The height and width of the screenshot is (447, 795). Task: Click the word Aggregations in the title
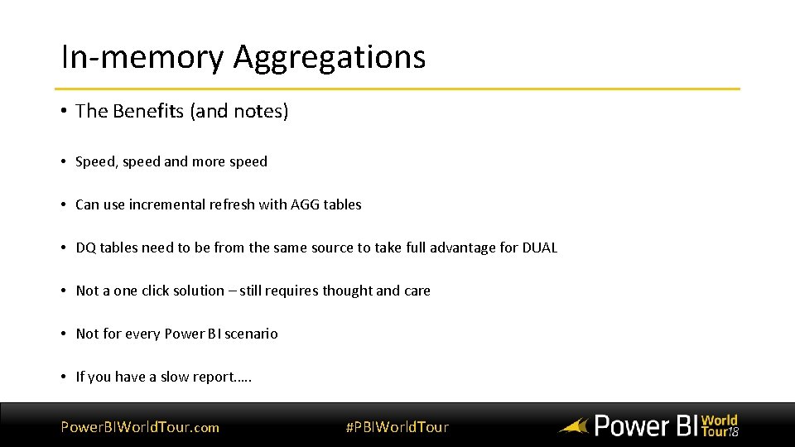click(329, 57)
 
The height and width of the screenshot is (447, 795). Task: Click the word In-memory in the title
click(142, 57)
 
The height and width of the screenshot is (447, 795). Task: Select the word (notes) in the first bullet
click(260, 111)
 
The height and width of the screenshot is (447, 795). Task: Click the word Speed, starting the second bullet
click(97, 161)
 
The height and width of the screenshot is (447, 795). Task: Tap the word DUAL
click(539, 248)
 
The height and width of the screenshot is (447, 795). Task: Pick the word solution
click(198, 291)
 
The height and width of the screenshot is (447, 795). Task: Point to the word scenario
click(249, 334)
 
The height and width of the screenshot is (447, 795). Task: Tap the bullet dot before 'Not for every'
click(64, 334)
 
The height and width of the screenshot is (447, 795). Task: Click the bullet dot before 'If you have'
click(64, 377)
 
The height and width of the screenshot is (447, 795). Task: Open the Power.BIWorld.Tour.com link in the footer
click(140, 427)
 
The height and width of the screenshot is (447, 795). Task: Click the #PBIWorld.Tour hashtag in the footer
click(397, 427)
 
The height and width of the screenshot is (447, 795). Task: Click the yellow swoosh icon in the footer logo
click(573, 427)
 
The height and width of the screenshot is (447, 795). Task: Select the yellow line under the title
click(397, 89)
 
